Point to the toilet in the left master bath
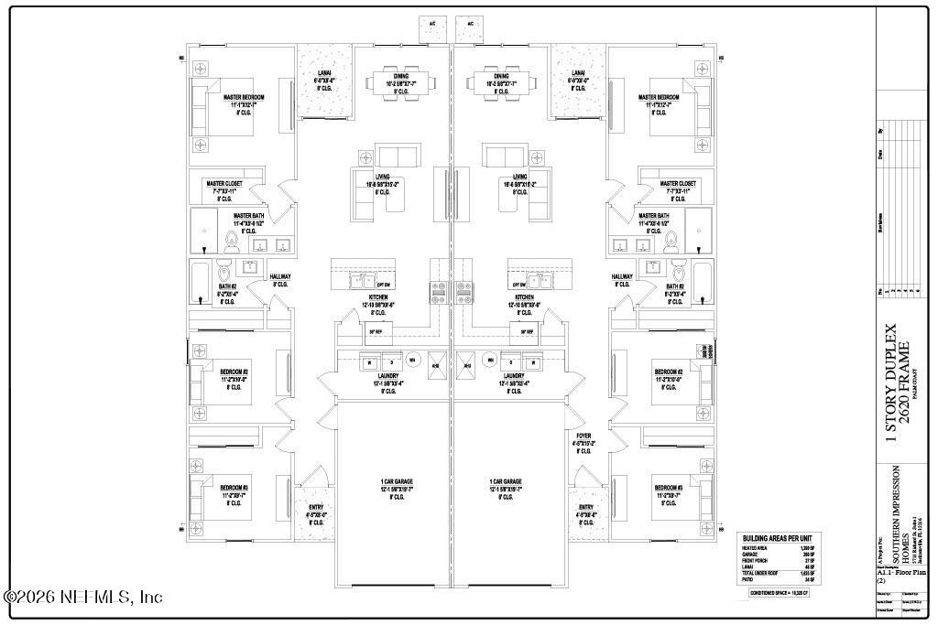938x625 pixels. (x=233, y=242)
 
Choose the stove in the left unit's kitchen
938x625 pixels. (x=437, y=292)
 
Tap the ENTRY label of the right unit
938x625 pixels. (x=586, y=507)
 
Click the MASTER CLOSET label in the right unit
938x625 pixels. (x=677, y=183)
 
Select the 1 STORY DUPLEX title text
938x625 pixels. (x=890, y=383)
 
